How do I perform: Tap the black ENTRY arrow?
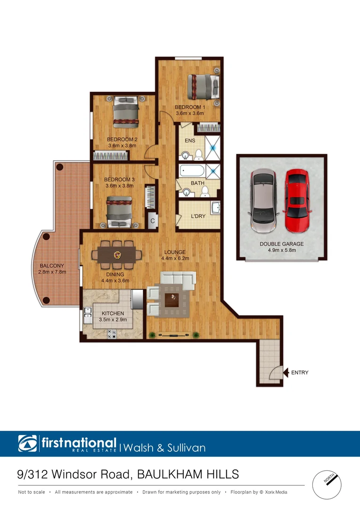286,373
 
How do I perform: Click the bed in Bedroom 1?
203,87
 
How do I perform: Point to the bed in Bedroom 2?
125,112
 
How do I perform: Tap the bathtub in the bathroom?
191,171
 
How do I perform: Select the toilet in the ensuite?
199,154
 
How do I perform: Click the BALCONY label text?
52,265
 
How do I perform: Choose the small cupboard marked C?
153,221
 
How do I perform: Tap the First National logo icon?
27,443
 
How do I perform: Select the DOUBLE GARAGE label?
281,244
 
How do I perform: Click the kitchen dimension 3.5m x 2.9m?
112,320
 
